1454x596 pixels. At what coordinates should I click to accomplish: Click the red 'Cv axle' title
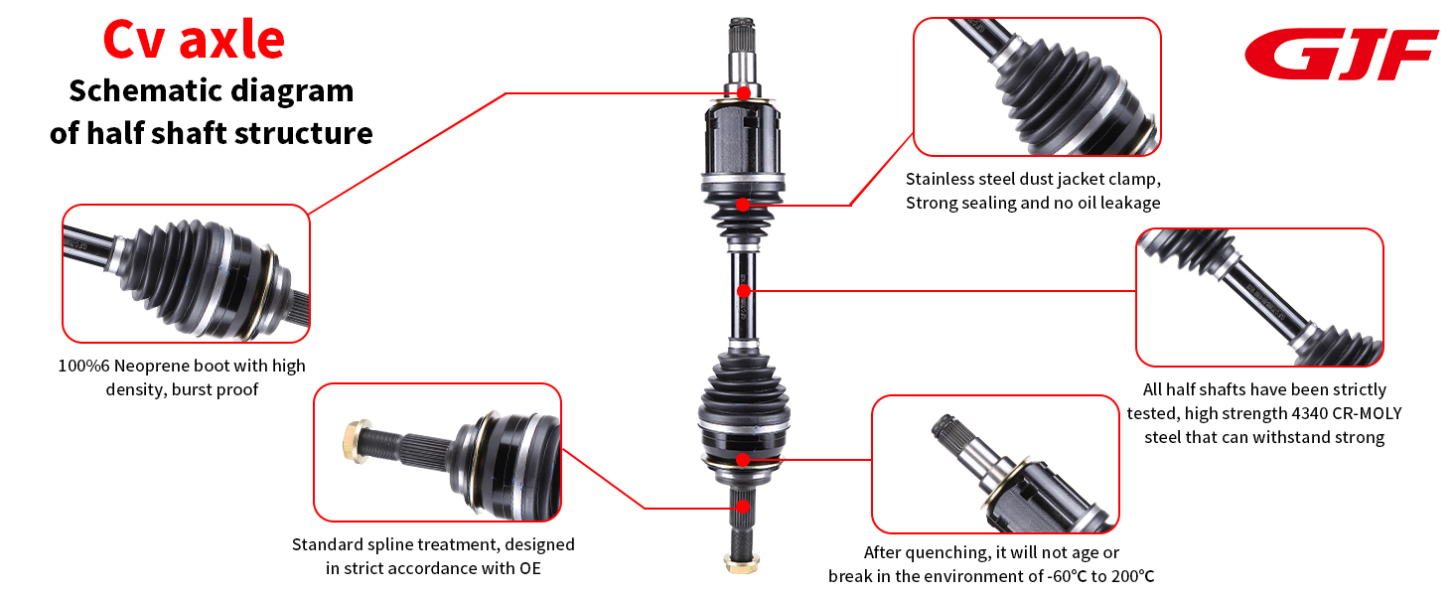click(194, 40)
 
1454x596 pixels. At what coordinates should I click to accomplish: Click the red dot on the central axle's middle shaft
click(744, 291)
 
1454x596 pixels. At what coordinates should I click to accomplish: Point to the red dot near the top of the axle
click(744, 93)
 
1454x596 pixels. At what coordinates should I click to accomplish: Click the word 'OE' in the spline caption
click(528, 568)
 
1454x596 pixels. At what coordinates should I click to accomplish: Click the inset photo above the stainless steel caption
click(1037, 86)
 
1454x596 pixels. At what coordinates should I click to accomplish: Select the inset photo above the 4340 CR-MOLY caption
click(1259, 297)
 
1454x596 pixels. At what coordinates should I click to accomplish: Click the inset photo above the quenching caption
click(995, 464)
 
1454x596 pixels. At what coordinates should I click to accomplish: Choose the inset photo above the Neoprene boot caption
click(186, 273)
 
